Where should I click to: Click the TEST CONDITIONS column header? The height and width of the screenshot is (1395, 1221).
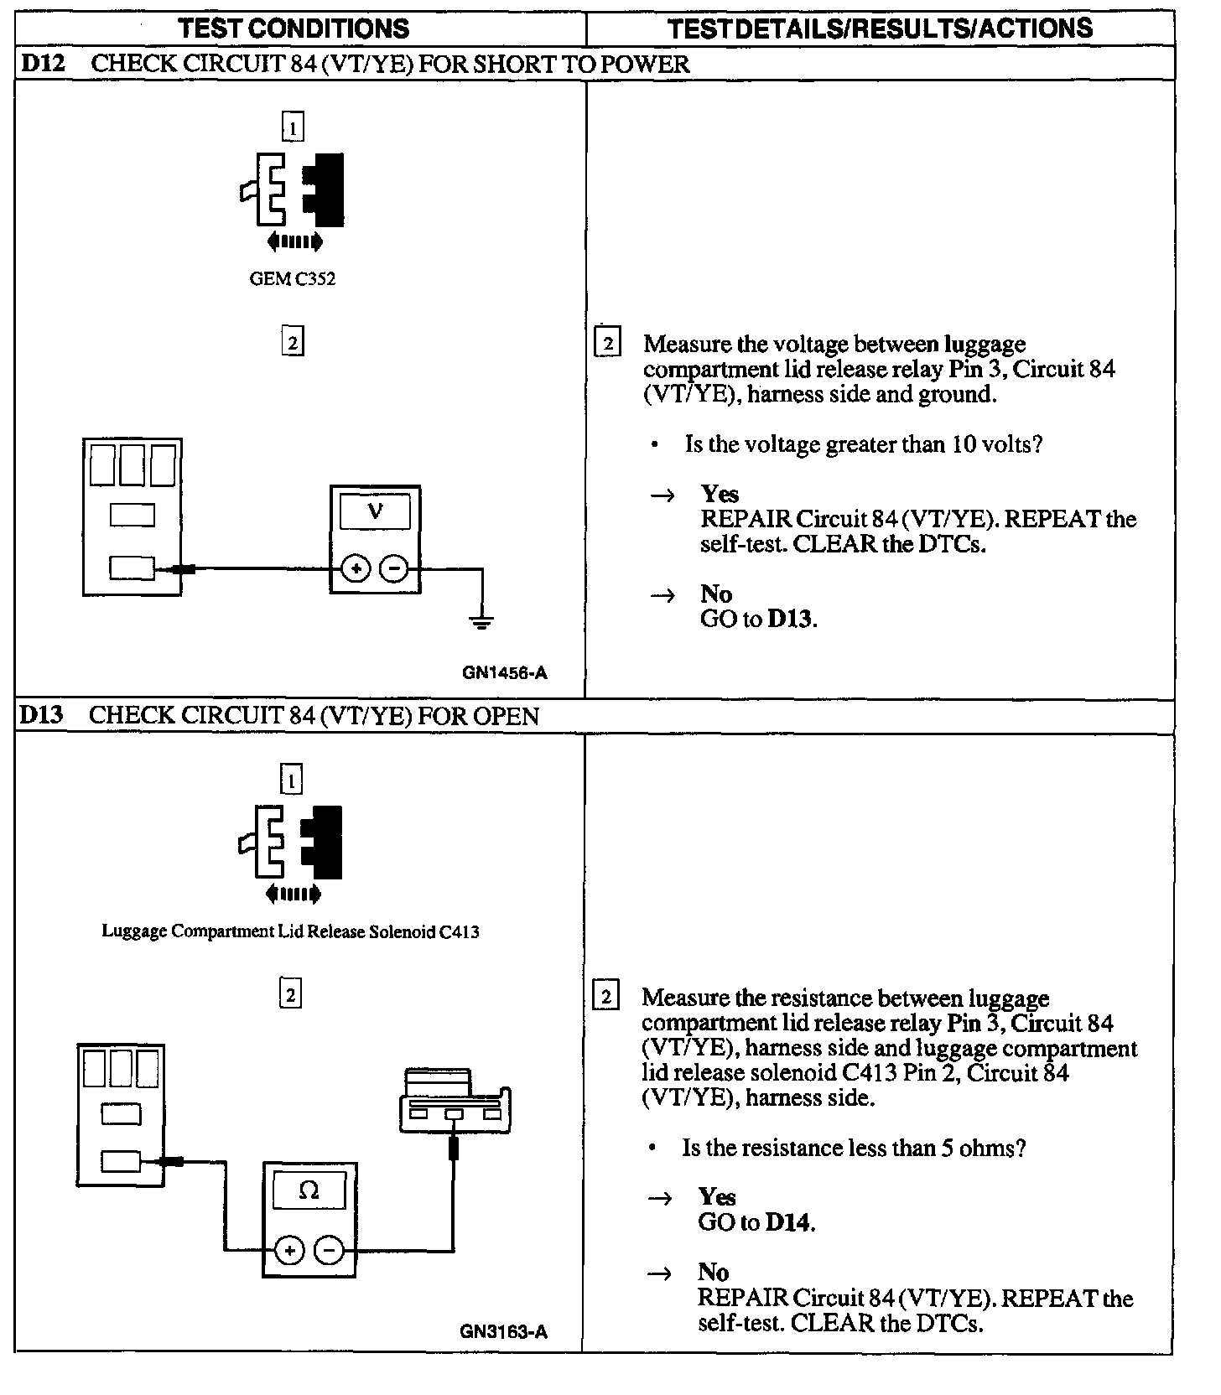294,29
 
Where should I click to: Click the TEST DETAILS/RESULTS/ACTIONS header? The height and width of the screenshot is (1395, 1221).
880,29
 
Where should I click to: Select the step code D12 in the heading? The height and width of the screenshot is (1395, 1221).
43,64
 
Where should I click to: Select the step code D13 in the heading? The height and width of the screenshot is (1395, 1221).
41,715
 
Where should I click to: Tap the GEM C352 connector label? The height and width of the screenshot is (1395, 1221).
292,279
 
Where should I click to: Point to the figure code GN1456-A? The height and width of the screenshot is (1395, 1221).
504,672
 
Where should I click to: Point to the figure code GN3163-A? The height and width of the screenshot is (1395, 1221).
503,1331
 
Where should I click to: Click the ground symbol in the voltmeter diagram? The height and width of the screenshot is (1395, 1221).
481,621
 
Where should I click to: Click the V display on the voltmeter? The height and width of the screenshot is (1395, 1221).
375,511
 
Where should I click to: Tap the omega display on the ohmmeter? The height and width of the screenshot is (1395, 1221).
309,1190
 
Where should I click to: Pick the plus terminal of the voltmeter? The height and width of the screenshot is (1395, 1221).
356,569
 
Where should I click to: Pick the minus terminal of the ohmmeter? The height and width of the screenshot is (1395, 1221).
329,1251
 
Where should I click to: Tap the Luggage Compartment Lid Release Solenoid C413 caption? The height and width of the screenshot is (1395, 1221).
290,931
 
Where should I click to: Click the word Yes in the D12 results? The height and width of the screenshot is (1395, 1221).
720,494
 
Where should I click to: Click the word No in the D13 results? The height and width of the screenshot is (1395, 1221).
713,1273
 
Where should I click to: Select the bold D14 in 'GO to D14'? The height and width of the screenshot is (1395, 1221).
788,1222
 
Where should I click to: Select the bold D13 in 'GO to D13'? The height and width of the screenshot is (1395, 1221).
790,620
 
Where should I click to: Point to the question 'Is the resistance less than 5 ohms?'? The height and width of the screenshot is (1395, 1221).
854,1148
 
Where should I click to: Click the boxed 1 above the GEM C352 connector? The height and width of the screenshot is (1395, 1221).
293,127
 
